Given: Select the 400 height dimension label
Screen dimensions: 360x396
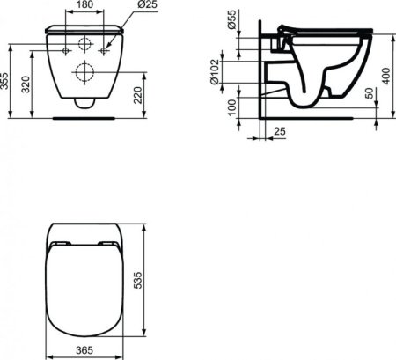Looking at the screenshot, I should (385, 75).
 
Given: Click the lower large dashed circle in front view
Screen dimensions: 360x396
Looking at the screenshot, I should (85, 72).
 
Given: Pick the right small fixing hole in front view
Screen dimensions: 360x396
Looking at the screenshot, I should (104, 51).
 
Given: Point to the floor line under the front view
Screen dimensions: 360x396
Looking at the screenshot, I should (85, 115).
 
